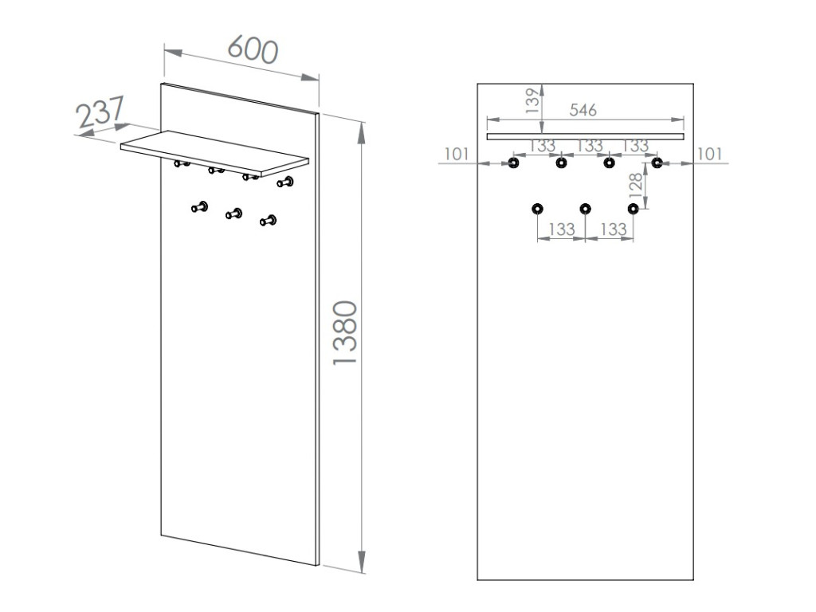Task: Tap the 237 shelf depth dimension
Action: point(100,112)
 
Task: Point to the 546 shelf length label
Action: point(583,110)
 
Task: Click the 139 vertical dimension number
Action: point(532,101)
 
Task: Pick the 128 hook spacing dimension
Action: point(635,186)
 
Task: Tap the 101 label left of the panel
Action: point(457,154)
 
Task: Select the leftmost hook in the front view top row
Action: point(513,163)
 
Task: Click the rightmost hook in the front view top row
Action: point(657,163)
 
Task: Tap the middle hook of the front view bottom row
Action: point(586,209)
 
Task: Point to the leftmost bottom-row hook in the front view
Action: point(538,209)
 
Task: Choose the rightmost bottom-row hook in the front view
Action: point(634,209)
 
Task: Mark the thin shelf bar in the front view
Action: point(585,136)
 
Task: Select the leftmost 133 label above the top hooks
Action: point(541,147)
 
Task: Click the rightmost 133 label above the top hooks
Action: point(636,147)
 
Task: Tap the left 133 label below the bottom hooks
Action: point(562,229)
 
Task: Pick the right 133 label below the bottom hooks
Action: point(612,229)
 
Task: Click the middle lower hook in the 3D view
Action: point(235,213)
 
